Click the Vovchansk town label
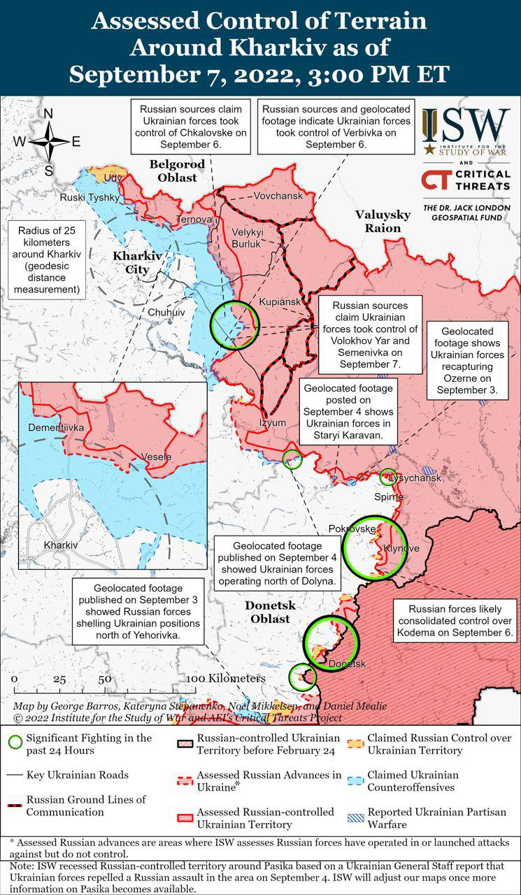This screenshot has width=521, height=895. tap(278, 196)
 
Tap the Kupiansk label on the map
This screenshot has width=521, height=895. tap(279, 301)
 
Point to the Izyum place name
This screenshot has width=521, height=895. tap(272, 423)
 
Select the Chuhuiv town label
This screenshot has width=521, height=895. tap(166, 312)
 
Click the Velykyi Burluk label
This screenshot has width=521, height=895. tap(246, 238)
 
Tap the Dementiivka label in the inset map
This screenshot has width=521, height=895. tap(56, 427)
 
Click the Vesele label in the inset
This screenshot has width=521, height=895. tap(156, 457)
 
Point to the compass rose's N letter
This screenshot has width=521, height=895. tap(48, 114)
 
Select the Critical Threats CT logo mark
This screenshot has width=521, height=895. tap(434, 180)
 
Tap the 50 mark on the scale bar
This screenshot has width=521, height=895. tap(105, 678)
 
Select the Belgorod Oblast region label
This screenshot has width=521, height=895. tap(177, 171)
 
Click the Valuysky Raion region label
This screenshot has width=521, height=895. tap(378, 221)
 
